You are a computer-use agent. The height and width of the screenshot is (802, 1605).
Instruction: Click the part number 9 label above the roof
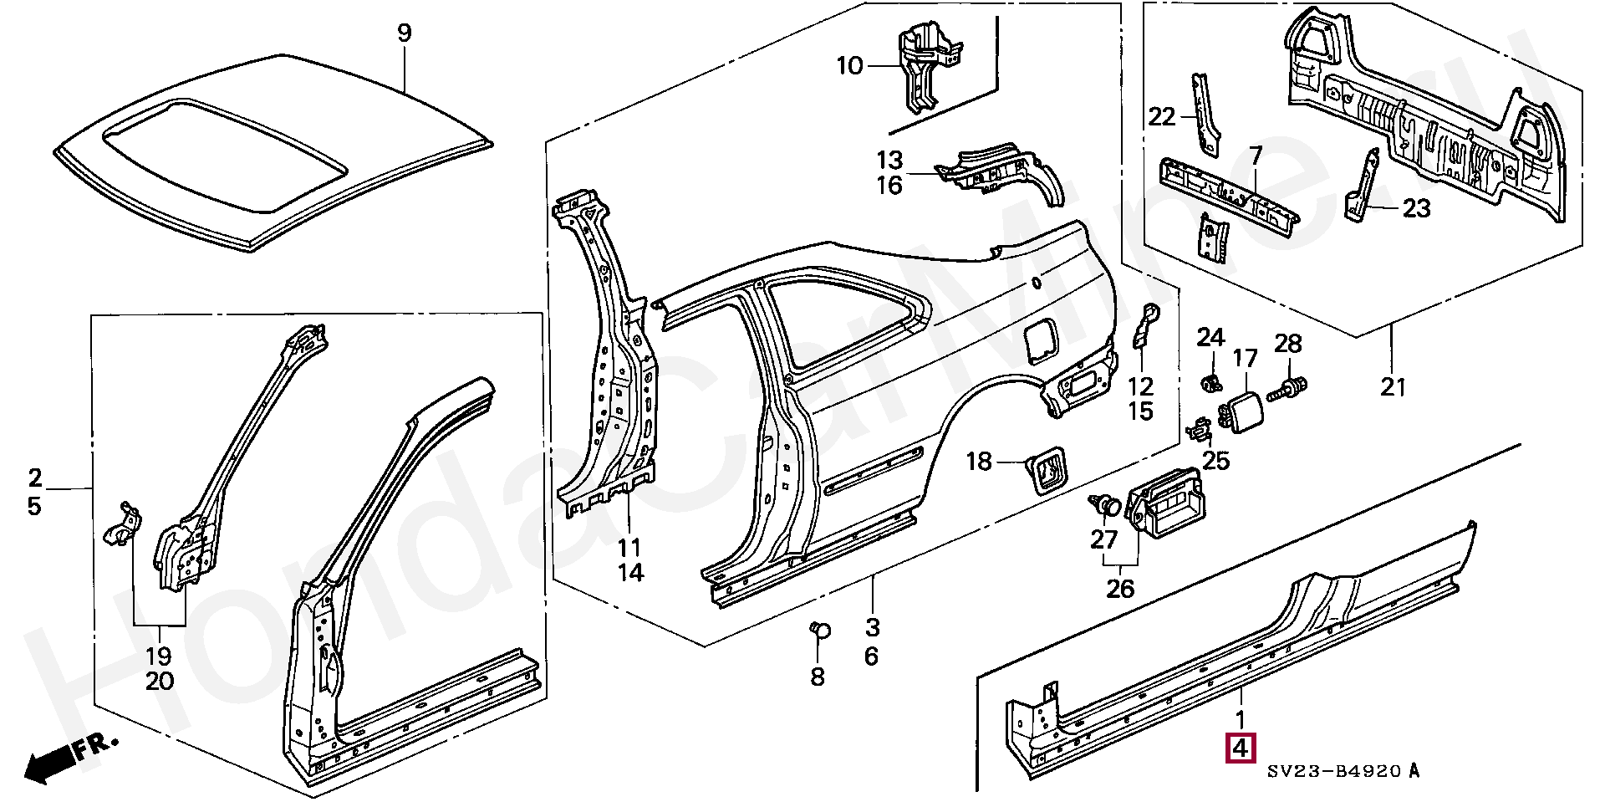coord(404,33)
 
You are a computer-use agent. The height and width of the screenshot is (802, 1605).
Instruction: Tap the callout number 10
coord(849,65)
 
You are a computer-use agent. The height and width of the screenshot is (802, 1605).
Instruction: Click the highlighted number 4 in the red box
coord(1241,748)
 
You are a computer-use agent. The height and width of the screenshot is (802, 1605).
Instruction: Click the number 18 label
coord(980,461)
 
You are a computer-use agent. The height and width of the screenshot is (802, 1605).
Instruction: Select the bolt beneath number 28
coord(1288,388)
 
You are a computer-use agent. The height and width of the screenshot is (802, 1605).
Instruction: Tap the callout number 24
coord(1210,338)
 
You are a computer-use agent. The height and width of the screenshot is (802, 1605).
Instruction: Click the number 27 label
coord(1104,539)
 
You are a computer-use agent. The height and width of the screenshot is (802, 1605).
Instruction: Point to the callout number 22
coord(1162,117)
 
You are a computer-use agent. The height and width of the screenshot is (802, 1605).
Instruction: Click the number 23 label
coord(1416,207)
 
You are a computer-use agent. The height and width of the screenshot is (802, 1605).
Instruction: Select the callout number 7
coord(1255,156)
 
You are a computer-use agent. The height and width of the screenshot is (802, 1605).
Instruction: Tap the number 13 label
coord(889,159)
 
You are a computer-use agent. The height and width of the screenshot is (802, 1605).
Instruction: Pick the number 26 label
coord(1120,589)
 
